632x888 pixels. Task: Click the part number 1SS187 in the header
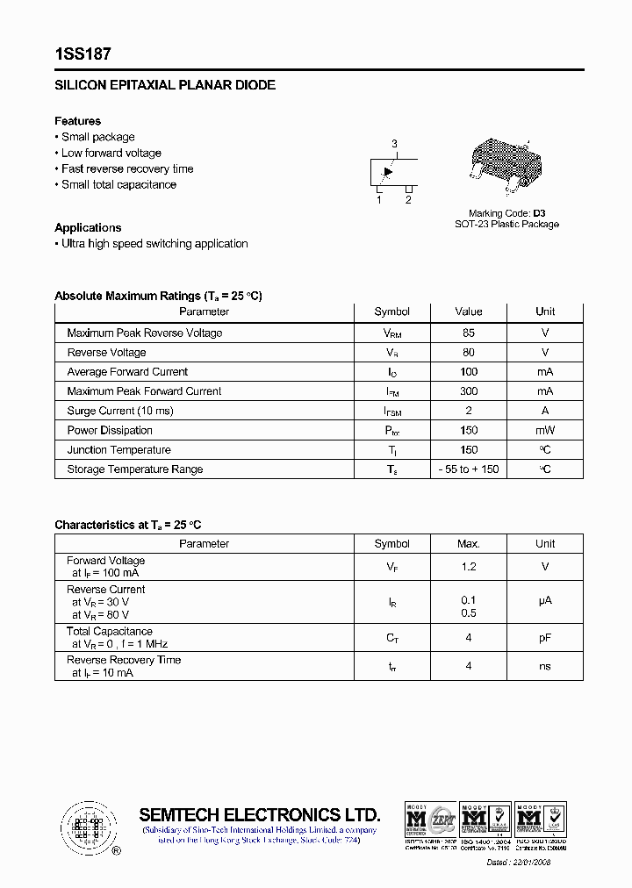pyautogui.click(x=83, y=54)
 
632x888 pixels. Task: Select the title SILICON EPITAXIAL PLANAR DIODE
pyautogui.click(x=165, y=85)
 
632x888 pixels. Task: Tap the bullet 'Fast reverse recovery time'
pyautogui.click(x=127, y=168)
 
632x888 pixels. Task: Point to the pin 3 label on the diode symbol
pyautogui.click(x=394, y=144)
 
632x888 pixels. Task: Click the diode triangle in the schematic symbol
pyautogui.click(x=389, y=172)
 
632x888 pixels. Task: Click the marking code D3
pyautogui.click(x=539, y=213)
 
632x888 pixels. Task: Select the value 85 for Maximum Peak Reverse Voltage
pyautogui.click(x=469, y=333)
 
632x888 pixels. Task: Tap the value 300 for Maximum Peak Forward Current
pyautogui.click(x=469, y=391)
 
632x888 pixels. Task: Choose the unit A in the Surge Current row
pyautogui.click(x=545, y=411)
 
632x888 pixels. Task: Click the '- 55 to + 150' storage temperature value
pyautogui.click(x=469, y=469)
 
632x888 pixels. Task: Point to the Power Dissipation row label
pyautogui.click(x=110, y=431)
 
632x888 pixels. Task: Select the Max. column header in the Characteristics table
pyautogui.click(x=469, y=544)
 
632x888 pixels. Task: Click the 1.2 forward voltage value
pyautogui.click(x=469, y=567)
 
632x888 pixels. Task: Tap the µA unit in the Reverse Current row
pyautogui.click(x=545, y=601)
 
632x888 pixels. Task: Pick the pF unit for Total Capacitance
pyautogui.click(x=545, y=638)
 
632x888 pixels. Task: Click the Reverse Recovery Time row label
pyautogui.click(x=124, y=660)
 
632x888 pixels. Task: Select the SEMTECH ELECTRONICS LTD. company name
pyautogui.click(x=260, y=814)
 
